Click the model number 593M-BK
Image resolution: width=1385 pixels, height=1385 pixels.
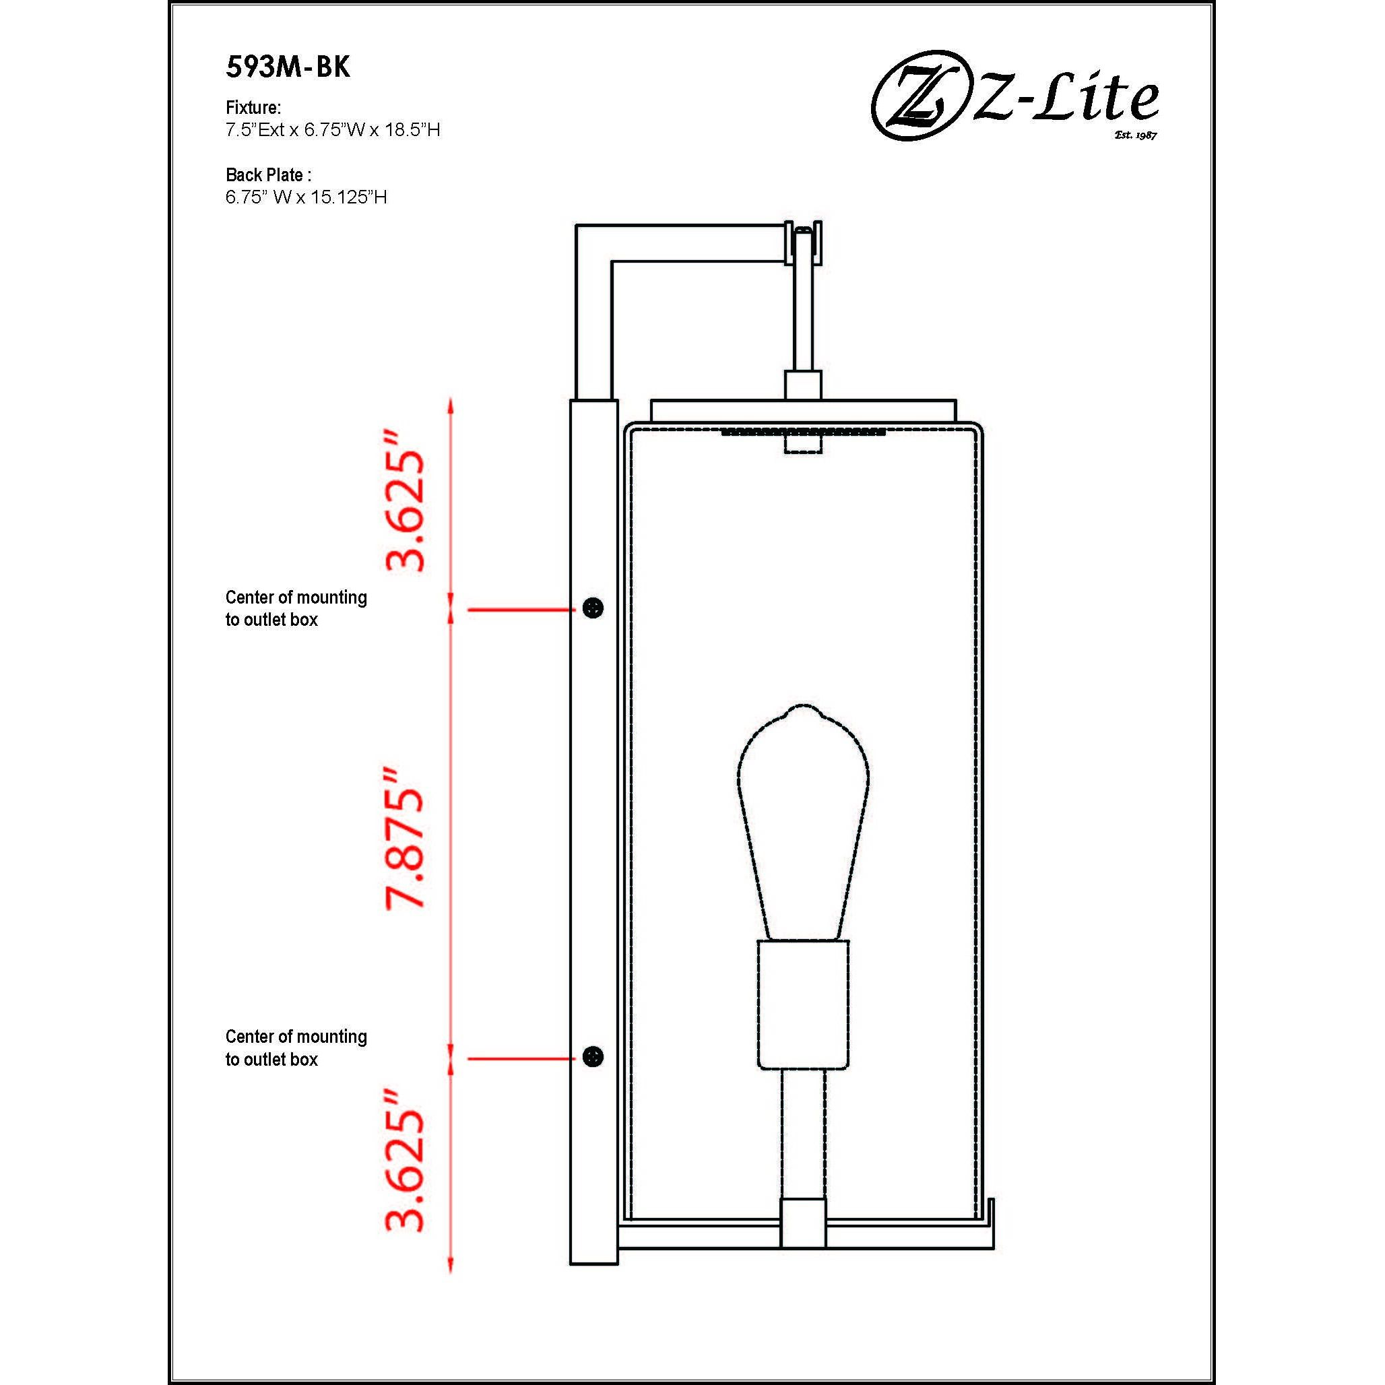pos(288,67)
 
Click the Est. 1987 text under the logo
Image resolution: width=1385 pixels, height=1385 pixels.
pos(1135,134)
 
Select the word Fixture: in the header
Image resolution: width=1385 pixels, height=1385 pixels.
pos(253,108)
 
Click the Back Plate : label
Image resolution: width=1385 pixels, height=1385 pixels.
pos(268,174)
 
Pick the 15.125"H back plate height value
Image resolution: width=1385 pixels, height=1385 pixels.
pos(348,197)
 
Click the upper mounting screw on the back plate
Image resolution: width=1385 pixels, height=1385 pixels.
pos(593,608)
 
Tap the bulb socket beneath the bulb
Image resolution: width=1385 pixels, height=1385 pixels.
pos(803,1003)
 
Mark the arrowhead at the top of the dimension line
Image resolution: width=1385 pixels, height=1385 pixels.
pos(450,406)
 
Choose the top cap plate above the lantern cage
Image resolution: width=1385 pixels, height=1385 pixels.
pos(803,410)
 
